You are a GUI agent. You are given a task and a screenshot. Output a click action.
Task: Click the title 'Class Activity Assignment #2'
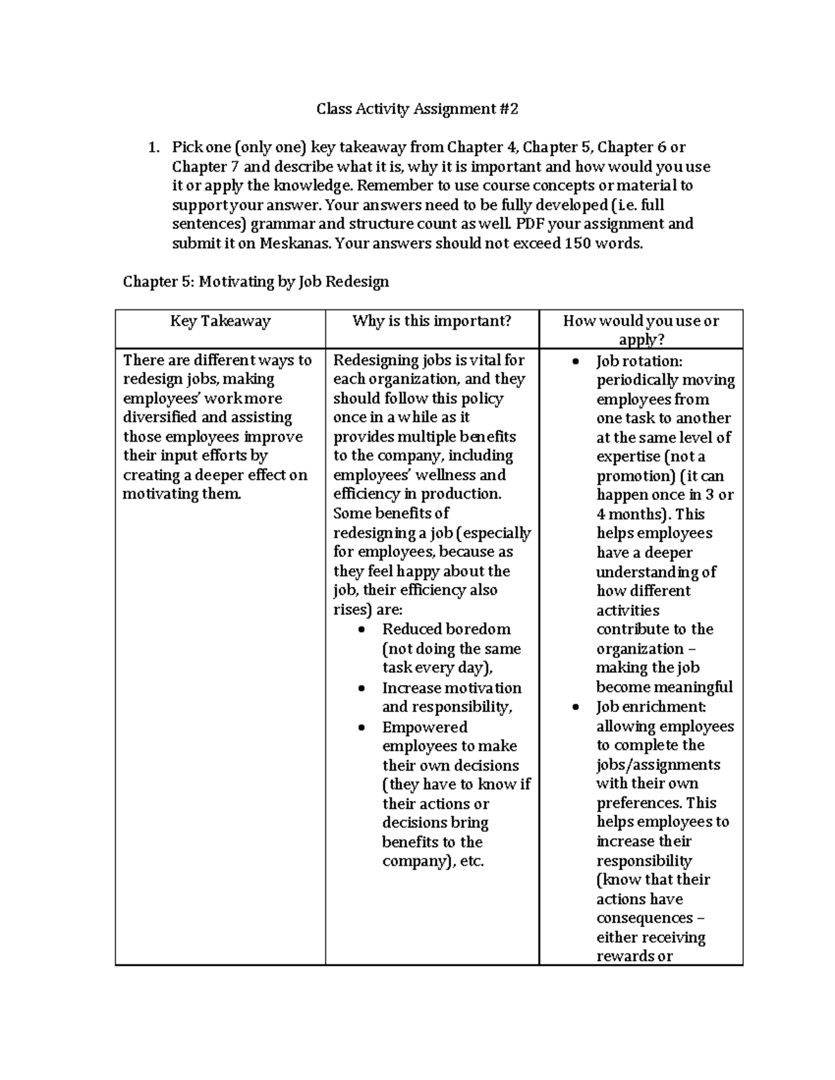coord(417,108)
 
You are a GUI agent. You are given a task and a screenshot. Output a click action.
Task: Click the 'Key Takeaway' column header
coord(220,321)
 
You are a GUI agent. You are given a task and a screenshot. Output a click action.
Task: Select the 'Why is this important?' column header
coord(431,321)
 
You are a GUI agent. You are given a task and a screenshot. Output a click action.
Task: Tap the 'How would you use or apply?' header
coord(641,330)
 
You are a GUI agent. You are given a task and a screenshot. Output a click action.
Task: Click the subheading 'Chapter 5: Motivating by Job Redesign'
coord(255,282)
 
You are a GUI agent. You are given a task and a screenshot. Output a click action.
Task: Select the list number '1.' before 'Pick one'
coord(154,147)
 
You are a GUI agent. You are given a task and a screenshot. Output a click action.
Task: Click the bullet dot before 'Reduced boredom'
coord(361,630)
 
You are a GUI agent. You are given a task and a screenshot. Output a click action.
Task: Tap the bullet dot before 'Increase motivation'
coord(361,688)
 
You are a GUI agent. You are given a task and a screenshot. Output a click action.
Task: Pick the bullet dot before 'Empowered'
coord(361,727)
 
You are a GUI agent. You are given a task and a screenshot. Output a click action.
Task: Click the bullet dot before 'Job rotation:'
coord(575,362)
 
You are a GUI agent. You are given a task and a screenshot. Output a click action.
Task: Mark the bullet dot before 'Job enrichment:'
coord(575,707)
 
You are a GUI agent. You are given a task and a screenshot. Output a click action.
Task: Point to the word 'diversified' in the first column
coord(160,417)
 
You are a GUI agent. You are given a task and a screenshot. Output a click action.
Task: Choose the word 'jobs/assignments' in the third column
coord(658,765)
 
